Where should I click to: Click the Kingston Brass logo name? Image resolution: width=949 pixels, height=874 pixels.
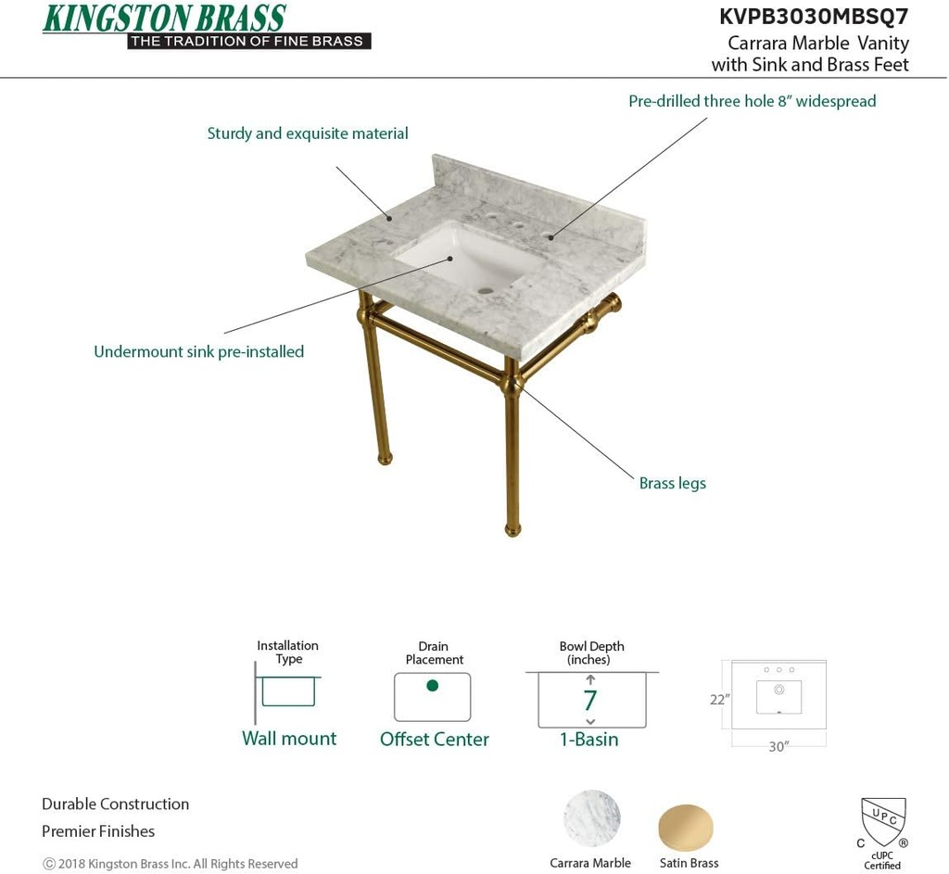[164, 18]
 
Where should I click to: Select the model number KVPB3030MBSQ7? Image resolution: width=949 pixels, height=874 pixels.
[814, 16]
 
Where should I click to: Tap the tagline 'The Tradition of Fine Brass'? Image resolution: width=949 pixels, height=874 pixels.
[247, 41]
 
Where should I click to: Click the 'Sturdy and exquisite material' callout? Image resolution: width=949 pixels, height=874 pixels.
[308, 133]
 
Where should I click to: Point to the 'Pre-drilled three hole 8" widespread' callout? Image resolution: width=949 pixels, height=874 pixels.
[752, 101]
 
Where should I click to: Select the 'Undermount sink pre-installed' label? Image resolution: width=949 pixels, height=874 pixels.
[198, 351]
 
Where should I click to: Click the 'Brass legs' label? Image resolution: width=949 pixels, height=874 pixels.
[672, 483]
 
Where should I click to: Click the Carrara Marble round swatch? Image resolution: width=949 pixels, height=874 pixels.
[591, 818]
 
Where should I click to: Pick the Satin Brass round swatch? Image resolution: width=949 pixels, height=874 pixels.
[687, 827]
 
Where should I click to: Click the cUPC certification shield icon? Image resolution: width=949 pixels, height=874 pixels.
[882, 821]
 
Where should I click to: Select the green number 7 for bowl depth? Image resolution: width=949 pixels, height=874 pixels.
[590, 701]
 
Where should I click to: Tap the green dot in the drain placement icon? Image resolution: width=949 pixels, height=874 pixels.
[432, 686]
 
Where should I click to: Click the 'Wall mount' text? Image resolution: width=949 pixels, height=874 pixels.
[289, 738]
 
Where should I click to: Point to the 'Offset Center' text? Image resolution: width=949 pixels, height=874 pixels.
[434, 739]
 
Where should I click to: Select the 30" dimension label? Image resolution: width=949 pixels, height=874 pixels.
[778, 747]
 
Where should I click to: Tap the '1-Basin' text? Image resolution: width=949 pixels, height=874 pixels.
[588, 739]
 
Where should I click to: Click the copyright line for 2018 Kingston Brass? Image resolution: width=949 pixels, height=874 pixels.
[171, 864]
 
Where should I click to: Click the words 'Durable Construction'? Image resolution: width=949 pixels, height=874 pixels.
[115, 804]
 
